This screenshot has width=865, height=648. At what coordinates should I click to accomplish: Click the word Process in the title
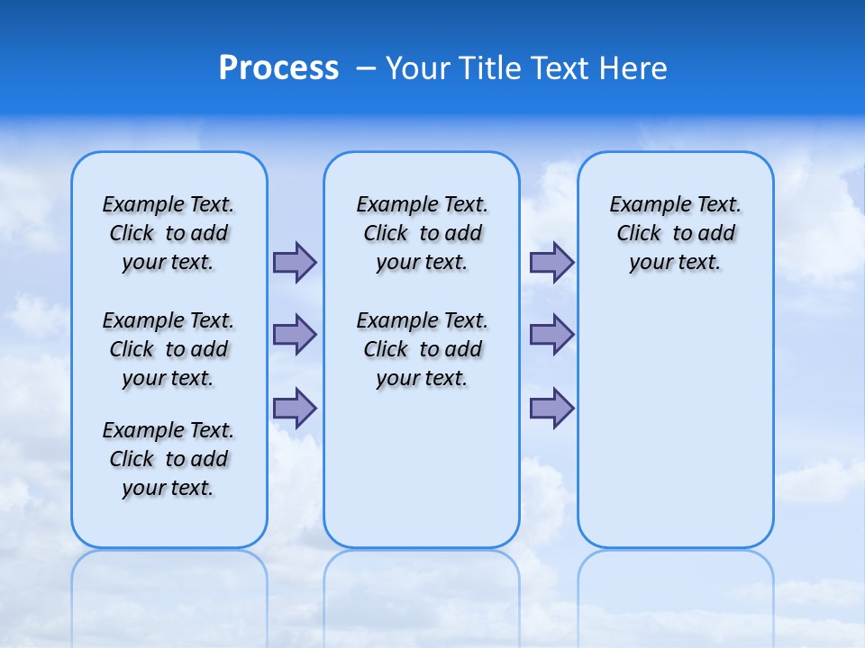(278, 68)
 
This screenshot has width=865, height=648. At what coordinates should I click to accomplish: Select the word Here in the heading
(634, 68)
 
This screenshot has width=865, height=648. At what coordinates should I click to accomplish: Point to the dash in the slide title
(365, 69)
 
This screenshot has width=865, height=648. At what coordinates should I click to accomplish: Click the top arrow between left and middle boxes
(295, 263)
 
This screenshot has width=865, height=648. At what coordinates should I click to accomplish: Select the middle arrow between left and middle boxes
(295, 335)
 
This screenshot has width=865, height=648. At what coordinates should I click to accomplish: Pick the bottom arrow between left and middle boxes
(295, 408)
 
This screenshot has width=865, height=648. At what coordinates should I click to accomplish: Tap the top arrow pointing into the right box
(551, 263)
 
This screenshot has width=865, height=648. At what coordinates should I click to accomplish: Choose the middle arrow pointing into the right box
(551, 335)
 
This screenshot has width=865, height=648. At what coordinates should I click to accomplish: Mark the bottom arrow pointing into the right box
(551, 408)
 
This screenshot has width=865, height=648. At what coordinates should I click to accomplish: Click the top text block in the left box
(168, 233)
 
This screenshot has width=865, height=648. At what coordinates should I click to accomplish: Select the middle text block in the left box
(168, 349)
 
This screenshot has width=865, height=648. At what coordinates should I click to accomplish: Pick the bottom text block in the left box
(168, 459)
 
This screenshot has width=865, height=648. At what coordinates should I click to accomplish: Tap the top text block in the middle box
(422, 233)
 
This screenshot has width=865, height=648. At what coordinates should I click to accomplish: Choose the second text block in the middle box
(422, 349)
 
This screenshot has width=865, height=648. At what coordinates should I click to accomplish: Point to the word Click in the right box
(639, 234)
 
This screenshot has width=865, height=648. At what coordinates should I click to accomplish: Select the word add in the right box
(717, 234)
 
